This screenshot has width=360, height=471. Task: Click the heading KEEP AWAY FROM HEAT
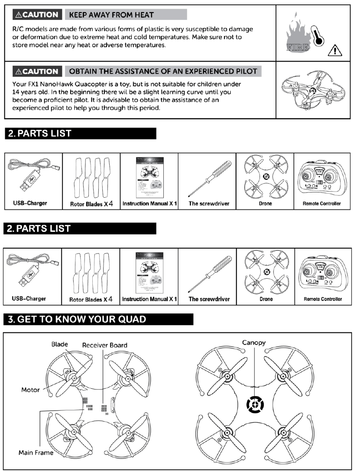point(111,15)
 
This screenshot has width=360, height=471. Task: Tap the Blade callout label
point(59,344)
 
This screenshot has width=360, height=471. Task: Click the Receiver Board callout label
point(105,345)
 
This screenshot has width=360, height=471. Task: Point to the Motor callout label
point(30,390)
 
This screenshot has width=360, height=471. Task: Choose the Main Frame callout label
point(36,452)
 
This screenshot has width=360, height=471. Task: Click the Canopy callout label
point(253,343)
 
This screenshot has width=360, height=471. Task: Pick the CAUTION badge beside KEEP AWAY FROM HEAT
point(36,15)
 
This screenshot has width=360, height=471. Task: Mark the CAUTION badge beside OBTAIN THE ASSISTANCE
point(36,71)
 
